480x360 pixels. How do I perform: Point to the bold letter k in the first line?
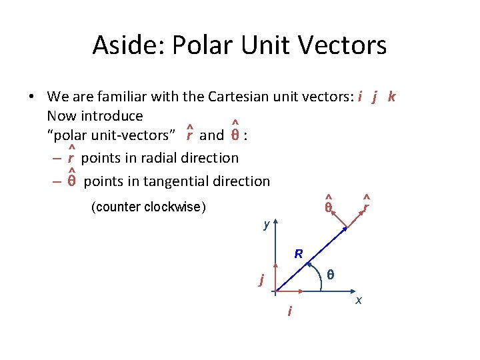(391, 97)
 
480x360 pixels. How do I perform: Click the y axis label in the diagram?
(266, 225)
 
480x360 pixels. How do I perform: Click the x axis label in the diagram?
(359, 301)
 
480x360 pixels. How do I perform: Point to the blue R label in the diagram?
(299, 254)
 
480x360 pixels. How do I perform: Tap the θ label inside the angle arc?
(330, 274)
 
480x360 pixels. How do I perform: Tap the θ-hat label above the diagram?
(328, 207)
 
